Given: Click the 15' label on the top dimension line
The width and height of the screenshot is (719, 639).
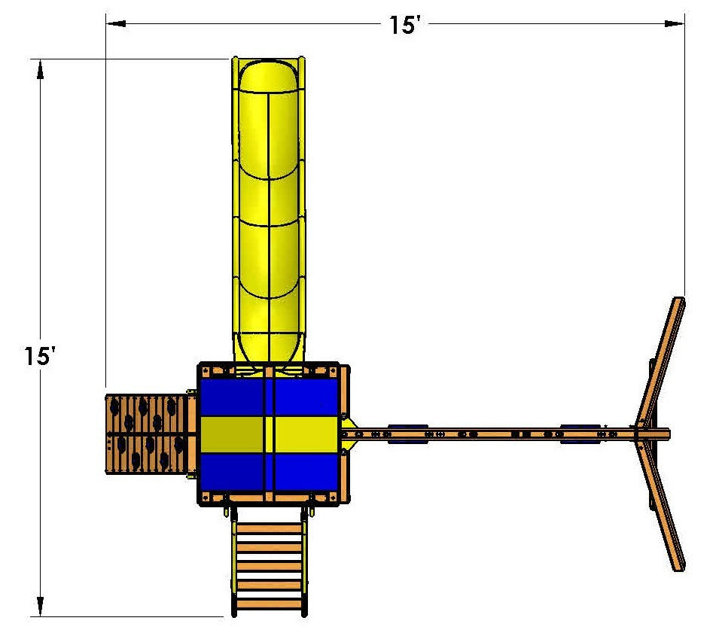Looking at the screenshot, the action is pos(403,25).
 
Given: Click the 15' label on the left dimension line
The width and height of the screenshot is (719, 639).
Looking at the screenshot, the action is pos(41,356).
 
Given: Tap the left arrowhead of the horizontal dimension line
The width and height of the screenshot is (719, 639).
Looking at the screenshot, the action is pos(116,23).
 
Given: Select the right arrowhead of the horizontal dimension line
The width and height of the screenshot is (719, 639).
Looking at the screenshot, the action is pos(675,23).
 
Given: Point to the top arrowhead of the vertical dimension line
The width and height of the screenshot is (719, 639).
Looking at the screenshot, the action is pos(41,69).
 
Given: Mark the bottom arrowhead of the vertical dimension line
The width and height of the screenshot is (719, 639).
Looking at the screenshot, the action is pos(41,607).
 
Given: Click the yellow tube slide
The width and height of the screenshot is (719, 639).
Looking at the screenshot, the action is pos(268,211).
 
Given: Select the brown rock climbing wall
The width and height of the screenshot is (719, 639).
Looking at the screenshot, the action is pos(148,434).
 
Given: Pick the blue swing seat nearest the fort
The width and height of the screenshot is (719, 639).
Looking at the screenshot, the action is pos(408,434).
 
